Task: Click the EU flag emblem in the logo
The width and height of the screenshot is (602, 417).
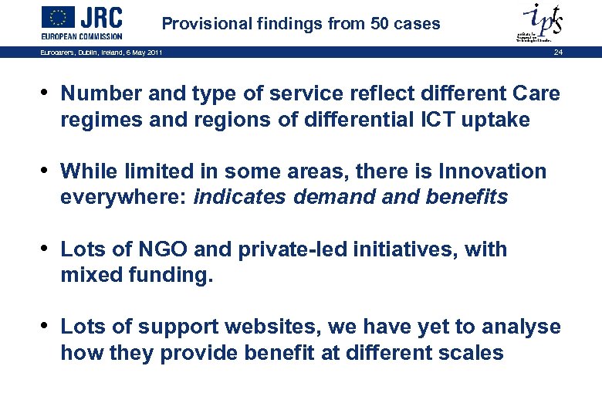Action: tap(58, 17)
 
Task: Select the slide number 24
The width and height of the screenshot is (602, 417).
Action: tap(558, 52)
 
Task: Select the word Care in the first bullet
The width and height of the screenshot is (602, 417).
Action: tap(535, 93)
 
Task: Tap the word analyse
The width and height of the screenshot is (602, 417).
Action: tap(523, 327)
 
